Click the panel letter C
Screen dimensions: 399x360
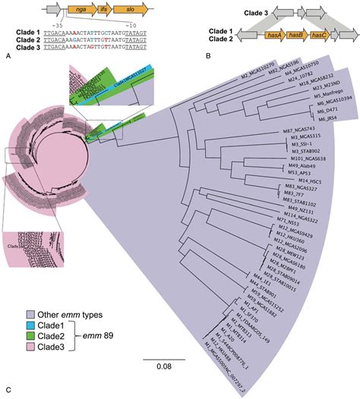click(x=8, y=391)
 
